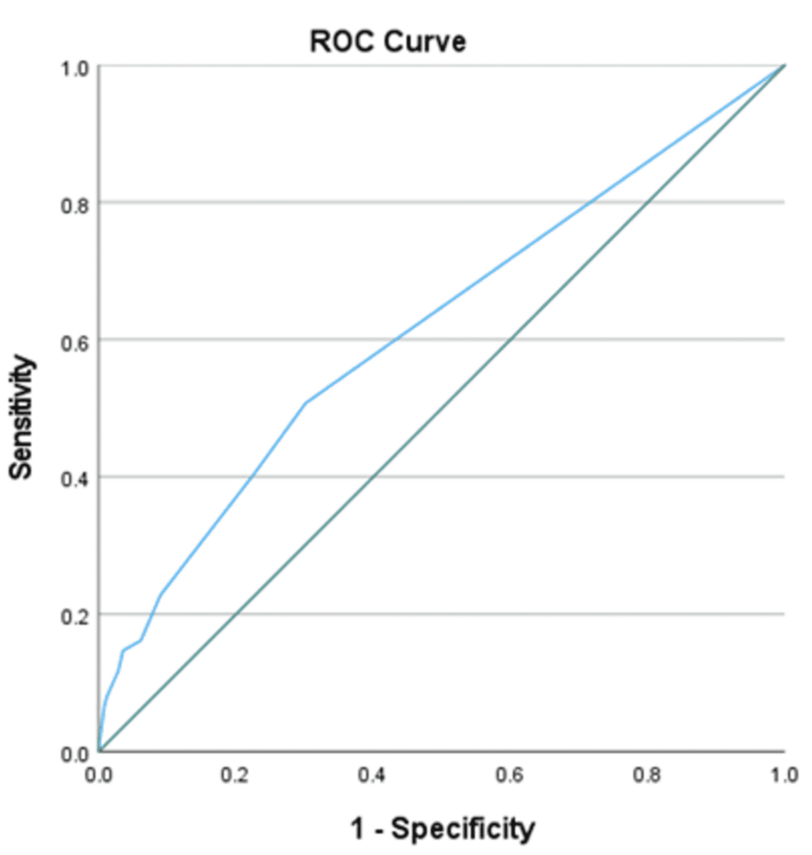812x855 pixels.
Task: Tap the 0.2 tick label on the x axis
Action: click(x=236, y=774)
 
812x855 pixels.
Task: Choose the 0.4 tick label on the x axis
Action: click(x=373, y=774)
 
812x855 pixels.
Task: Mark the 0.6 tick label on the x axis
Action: click(x=511, y=774)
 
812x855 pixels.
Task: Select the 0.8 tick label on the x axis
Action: click(x=647, y=774)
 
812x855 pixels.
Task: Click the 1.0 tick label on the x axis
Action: click(x=784, y=774)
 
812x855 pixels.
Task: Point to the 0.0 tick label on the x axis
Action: click(x=99, y=774)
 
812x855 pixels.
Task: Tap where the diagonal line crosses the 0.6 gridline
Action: click(x=511, y=340)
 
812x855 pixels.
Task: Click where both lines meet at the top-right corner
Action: click(x=784, y=66)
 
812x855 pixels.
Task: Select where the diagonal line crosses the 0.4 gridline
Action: click(x=373, y=477)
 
